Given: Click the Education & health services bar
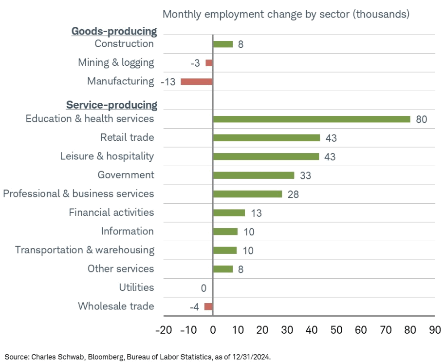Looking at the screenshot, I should click(x=312, y=119).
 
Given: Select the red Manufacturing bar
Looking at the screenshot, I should click(x=197, y=81).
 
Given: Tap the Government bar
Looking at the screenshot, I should click(x=254, y=175).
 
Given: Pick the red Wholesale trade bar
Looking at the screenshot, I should click(x=208, y=306).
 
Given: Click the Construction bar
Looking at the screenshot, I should click(x=223, y=44).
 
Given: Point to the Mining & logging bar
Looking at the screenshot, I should click(x=209, y=63).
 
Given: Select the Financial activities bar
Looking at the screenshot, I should click(x=229, y=213).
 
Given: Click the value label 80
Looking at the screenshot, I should click(x=422, y=119).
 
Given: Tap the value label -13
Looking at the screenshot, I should click(x=168, y=82).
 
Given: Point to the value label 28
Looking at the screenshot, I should click(x=293, y=194).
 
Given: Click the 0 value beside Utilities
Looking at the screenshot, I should click(x=204, y=288).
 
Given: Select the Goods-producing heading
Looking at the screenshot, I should click(x=114, y=32).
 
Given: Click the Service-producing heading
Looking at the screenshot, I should click(x=111, y=105).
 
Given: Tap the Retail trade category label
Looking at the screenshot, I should click(x=127, y=137).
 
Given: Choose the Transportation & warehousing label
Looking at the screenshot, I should click(x=85, y=250).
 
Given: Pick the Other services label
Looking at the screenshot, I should click(x=121, y=268).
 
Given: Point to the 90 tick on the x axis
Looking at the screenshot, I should click(x=435, y=330).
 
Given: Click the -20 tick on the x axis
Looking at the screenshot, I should click(x=163, y=330).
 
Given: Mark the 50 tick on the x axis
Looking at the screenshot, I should click(x=336, y=330).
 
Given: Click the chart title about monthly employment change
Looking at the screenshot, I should click(x=286, y=14).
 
